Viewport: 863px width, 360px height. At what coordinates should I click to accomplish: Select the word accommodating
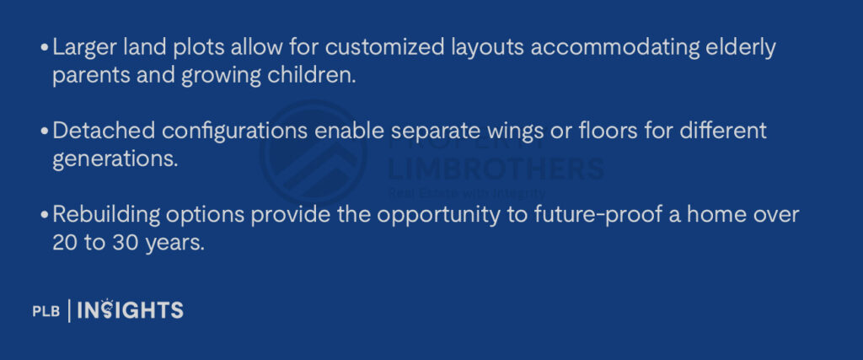click(614, 49)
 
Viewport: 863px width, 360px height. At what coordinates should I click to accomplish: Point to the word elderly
click(741, 49)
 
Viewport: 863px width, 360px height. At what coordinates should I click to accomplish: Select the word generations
click(115, 160)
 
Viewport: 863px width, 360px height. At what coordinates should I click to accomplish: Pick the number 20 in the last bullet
click(65, 243)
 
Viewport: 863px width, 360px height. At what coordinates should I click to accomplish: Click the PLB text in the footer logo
click(46, 312)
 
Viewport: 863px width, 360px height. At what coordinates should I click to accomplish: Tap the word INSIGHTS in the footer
click(131, 310)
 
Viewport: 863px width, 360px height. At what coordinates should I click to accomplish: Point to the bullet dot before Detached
click(46, 132)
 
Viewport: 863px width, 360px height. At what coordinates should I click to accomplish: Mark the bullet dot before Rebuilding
click(46, 215)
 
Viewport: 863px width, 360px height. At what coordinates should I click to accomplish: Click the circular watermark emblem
click(314, 153)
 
